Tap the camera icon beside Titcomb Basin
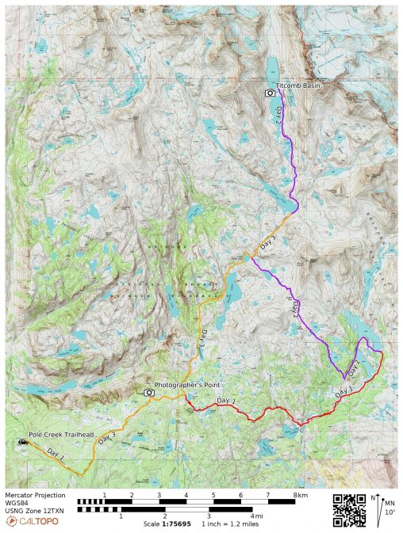pos(270,93)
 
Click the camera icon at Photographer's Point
pos(148,392)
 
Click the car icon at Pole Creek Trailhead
pos(19,444)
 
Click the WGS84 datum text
pos(17,503)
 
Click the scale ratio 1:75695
pos(176,524)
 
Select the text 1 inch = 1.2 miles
pos(229,524)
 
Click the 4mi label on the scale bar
pos(257,516)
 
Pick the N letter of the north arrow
pos(374,498)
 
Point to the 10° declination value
pos(390,513)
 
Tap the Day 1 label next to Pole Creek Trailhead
pos(55,453)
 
